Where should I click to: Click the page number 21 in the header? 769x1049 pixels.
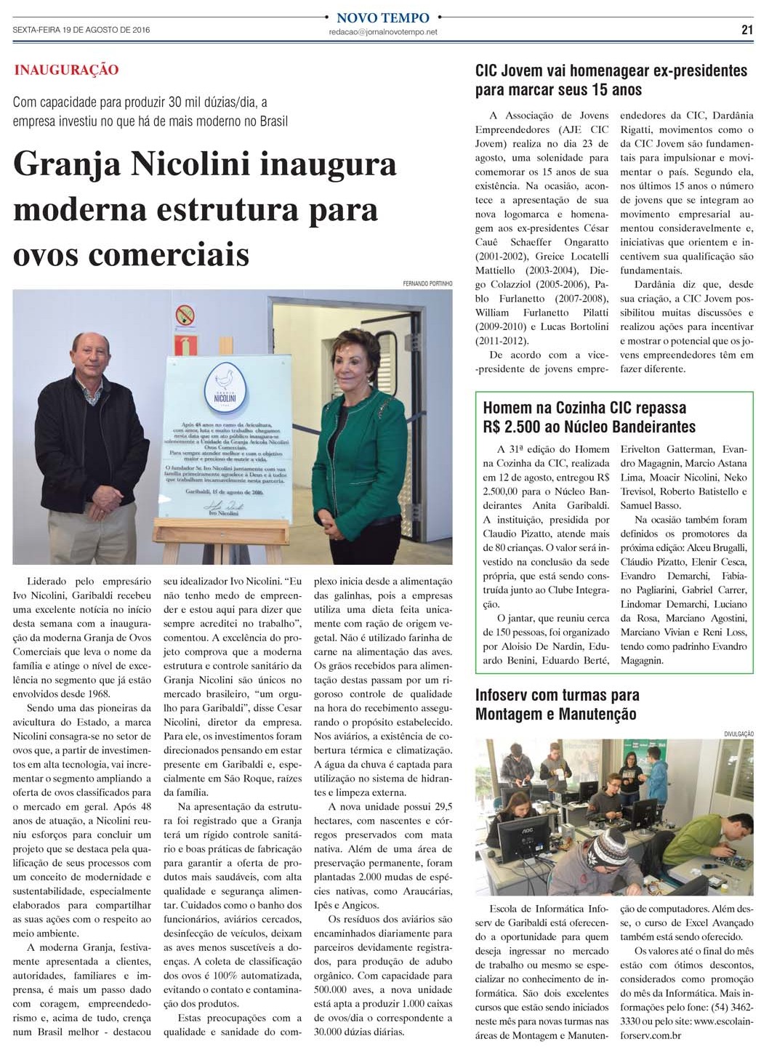point(746,30)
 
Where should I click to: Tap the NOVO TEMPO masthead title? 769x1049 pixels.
point(383,17)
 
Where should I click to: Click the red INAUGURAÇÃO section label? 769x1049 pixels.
point(66,71)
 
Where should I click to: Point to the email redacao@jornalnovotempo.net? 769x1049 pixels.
point(383,32)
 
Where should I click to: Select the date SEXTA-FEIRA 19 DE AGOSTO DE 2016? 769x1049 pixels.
point(81,30)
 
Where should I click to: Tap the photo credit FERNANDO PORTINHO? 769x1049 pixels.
point(427,284)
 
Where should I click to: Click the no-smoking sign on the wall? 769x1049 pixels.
point(185,315)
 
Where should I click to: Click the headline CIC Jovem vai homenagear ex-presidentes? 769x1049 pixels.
point(611,71)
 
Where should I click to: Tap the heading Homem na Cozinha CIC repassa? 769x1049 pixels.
point(584,408)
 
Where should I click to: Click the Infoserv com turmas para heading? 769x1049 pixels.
point(557,695)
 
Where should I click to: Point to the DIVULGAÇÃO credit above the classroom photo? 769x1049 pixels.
point(739,734)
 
